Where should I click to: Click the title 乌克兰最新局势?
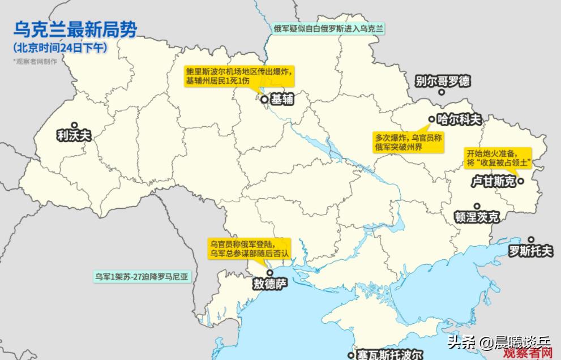(x=75, y=29)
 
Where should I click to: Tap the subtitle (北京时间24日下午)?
(x=60, y=48)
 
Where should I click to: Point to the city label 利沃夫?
(x=74, y=136)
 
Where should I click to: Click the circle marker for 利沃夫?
(x=74, y=125)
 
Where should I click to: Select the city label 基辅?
(x=282, y=100)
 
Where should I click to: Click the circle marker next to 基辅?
(x=264, y=100)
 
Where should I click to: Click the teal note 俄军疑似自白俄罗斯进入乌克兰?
(x=328, y=28)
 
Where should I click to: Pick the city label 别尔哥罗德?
(x=443, y=81)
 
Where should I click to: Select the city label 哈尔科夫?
(x=459, y=119)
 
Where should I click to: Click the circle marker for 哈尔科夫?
(x=431, y=119)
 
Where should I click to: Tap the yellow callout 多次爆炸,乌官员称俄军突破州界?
(x=408, y=142)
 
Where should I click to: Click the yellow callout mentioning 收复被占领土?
(x=498, y=158)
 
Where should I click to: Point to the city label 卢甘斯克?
(x=494, y=182)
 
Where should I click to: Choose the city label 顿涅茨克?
(x=477, y=217)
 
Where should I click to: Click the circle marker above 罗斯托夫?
(x=532, y=239)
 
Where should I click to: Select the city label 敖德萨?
(x=271, y=284)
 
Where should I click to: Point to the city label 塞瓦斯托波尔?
(x=389, y=355)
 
